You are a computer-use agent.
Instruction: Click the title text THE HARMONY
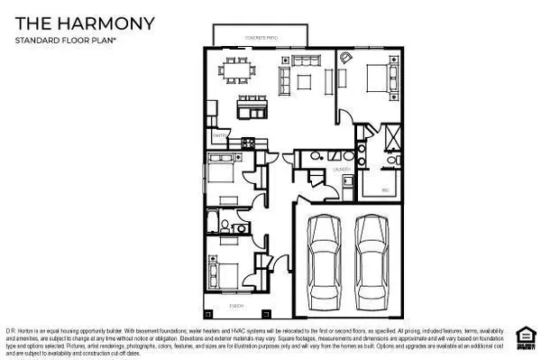tap(83, 22)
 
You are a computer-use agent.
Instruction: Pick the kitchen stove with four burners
tap(250, 142)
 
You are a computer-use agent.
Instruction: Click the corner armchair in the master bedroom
tap(348, 58)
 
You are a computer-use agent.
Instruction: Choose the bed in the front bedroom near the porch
tap(222, 272)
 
